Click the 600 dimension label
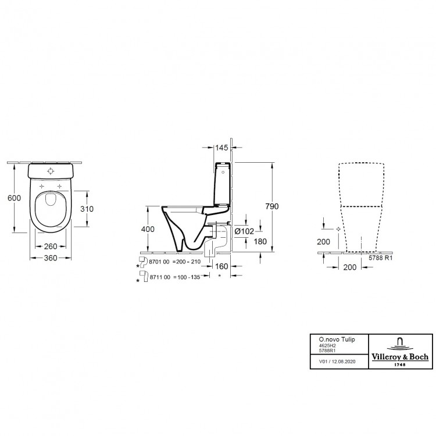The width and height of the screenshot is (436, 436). pyautogui.click(x=14, y=198)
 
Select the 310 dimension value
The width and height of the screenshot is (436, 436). pyautogui.click(x=87, y=209)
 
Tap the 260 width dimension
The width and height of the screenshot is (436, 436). pyautogui.click(x=51, y=246)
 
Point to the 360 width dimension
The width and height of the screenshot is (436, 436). pyautogui.click(x=51, y=258)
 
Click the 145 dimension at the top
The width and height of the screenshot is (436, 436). pyautogui.click(x=221, y=148)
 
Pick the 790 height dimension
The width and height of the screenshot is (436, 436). pyautogui.click(x=271, y=206)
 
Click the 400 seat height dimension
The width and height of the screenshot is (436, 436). pyautogui.click(x=148, y=230)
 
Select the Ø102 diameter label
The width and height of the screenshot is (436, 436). pyautogui.click(x=244, y=231)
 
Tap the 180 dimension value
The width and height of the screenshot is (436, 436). pyautogui.click(x=260, y=242)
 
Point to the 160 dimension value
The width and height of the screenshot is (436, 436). pyautogui.click(x=221, y=266)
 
